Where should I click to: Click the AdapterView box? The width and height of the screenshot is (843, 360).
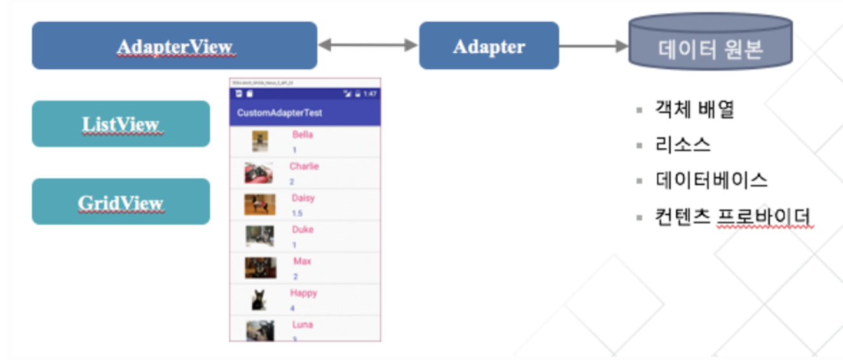[174, 46]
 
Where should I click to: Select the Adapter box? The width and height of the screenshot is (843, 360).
[488, 46]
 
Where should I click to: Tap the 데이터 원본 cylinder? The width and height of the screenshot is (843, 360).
[710, 46]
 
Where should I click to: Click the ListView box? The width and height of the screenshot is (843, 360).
[121, 124]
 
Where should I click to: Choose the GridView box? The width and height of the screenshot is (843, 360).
[121, 202]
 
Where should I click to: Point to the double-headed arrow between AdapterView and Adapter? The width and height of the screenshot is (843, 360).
[367, 45]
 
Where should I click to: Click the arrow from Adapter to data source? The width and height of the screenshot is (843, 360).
[593, 46]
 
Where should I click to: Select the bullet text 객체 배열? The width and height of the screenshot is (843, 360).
[694, 109]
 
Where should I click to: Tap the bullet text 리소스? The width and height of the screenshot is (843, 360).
[683, 145]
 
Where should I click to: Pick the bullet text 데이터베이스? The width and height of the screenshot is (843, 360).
[711, 181]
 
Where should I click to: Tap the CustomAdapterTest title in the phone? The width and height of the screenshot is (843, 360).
[280, 113]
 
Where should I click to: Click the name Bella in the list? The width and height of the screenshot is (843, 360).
[303, 135]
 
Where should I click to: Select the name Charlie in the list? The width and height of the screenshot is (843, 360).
[304, 166]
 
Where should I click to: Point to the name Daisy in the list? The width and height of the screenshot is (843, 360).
[303, 198]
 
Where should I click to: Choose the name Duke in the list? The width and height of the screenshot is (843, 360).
[303, 230]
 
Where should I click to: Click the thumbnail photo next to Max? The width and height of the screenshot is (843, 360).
[261, 268]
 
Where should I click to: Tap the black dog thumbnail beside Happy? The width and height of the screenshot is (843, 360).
[259, 300]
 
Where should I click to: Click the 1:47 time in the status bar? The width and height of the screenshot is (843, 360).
[369, 93]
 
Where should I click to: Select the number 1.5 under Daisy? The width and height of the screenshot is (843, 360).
[297, 213]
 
